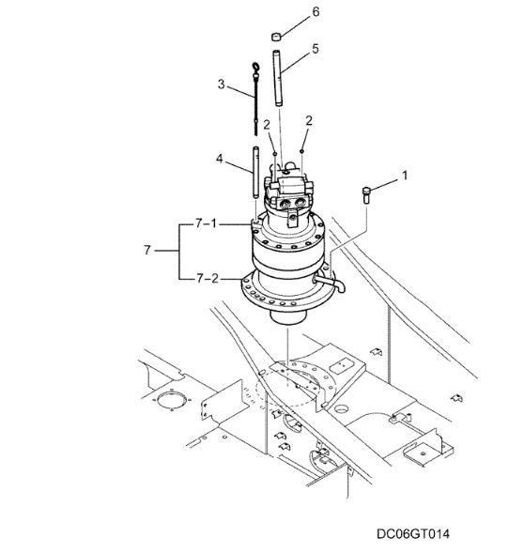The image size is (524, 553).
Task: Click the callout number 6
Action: [316, 11]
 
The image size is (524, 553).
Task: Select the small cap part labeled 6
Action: [276, 36]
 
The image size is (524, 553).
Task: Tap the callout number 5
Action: [316, 49]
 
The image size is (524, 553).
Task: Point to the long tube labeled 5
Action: [277, 78]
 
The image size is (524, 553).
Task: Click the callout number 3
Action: [222, 84]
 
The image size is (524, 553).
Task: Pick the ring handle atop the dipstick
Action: [254, 67]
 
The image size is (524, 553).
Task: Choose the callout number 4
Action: [220, 159]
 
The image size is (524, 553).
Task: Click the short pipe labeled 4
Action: [256, 173]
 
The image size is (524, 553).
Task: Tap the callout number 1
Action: [405, 176]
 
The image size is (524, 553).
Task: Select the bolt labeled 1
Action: [365, 195]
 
